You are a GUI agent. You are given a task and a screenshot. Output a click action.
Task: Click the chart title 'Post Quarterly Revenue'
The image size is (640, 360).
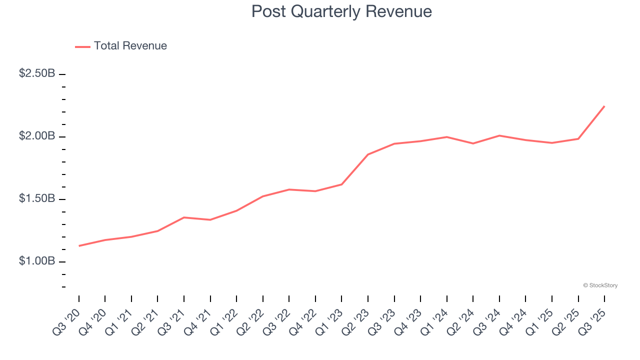[341, 11]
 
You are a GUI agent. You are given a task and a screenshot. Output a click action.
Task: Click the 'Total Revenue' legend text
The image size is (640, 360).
[130, 46]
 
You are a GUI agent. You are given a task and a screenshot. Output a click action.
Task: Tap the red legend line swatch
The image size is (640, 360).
[82, 46]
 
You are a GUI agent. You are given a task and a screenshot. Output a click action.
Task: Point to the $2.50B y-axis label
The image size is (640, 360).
[37, 73]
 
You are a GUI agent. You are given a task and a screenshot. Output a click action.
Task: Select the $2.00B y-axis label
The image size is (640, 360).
[37, 136]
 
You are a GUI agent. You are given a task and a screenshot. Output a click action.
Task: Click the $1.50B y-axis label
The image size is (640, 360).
[37, 198]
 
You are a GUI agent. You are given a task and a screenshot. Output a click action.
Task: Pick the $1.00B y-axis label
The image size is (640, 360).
[37, 261]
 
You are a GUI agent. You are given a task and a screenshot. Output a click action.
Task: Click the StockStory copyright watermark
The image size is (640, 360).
[600, 285]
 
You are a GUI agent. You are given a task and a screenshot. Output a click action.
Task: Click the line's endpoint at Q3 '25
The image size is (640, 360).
[604, 106]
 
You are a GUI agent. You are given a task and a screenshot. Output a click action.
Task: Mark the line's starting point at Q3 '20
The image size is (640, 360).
[79, 246]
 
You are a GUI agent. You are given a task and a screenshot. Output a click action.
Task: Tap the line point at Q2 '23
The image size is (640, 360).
[368, 154]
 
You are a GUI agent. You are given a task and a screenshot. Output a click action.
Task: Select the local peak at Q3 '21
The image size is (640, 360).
[184, 217]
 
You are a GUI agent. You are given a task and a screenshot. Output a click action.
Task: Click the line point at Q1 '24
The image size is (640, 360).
[446, 137]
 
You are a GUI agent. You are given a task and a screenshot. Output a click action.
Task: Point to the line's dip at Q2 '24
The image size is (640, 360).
[473, 143]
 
